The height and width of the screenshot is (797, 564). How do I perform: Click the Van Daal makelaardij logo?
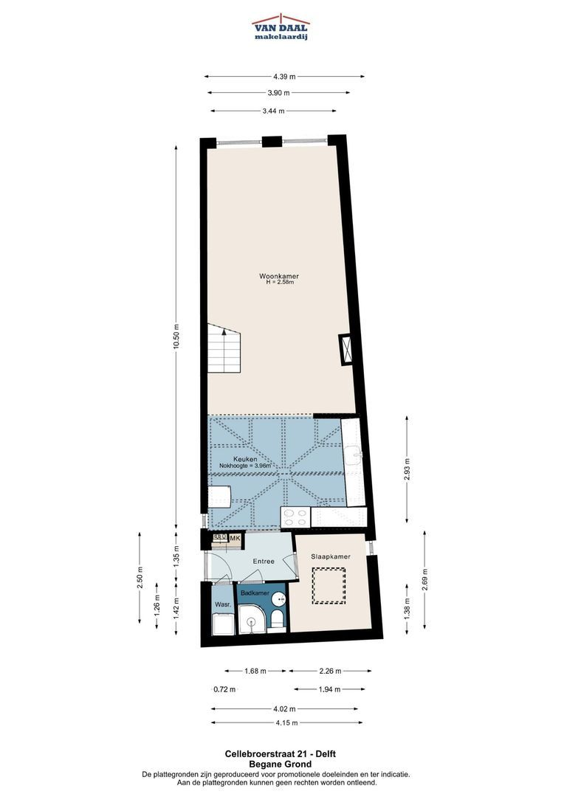point(281,27)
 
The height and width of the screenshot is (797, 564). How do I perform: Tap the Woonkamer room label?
point(279,276)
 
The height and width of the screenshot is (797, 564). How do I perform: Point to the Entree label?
point(264,561)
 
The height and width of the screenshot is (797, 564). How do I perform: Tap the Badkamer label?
point(255,593)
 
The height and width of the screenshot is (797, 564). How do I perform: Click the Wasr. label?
point(223,605)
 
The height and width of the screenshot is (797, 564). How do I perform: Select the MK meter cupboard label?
point(235,538)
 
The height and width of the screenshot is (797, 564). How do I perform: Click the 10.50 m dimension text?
point(176,337)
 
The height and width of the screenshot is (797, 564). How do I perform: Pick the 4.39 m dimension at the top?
point(284,77)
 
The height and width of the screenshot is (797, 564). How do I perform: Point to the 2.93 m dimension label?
point(407,469)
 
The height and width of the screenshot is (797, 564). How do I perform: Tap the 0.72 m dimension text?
point(224,689)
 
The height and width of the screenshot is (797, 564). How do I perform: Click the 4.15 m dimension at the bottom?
point(287,722)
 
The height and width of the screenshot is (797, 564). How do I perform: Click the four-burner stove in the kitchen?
point(295,517)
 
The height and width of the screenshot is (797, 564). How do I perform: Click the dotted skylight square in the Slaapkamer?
point(329,585)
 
